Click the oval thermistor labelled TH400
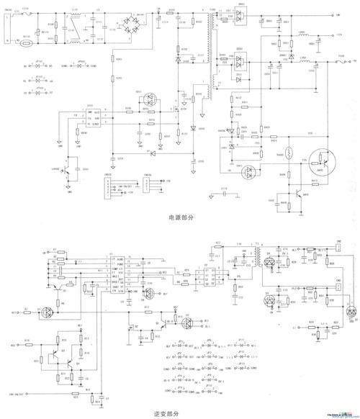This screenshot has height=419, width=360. pos(287,153)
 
